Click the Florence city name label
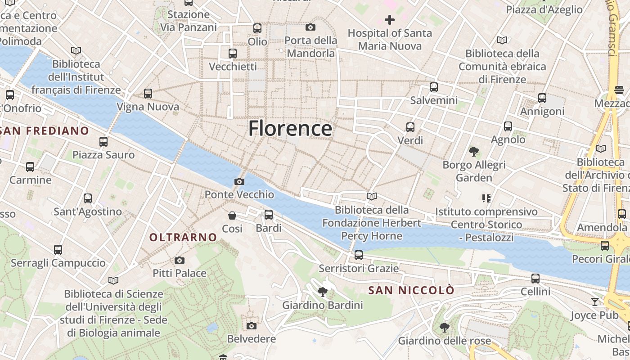(290, 128)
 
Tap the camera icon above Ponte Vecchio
(239, 181)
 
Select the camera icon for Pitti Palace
(179, 260)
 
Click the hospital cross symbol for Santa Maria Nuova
(390, 20)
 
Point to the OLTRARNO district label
(183, 237)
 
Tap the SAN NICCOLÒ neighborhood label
(411, 290)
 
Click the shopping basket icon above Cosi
(232, 216)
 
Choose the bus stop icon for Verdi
(410, 127)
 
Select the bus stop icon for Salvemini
(434, 87)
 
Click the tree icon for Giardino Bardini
(322, 292)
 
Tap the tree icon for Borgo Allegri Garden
(473, 152)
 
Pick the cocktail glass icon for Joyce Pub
(595, 301)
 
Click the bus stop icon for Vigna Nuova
(148, 94)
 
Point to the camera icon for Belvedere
(251, 325)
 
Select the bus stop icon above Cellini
(535, 278)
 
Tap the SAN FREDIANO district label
(45, 131)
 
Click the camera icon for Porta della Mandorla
(310, 27)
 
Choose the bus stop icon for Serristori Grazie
(359, 255)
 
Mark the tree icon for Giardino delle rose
(445, 327)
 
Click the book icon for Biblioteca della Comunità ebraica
(502, 40)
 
